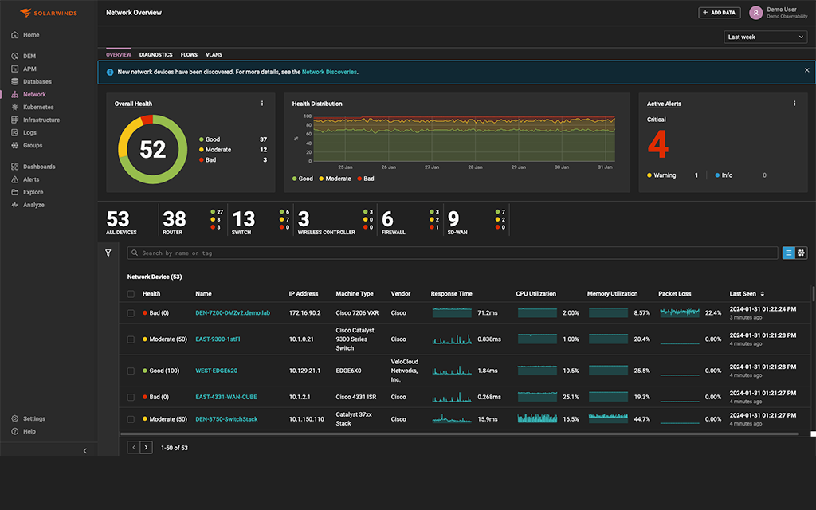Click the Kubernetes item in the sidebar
(x=37, y=107)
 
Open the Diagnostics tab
(x=155, y=55)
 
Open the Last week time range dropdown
(x=766, y=37)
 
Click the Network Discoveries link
(x=329, y=72)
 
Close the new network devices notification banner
(x=806, y=70)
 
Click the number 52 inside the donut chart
(x=152, y=149)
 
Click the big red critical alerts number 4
(x=657, y=145)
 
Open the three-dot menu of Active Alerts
(x=794, y=104)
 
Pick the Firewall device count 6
(x=387, y=219)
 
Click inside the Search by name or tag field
(x=454, y=253)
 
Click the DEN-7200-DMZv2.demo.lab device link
(x=233, y=313)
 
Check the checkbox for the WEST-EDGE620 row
(x=131, y=371)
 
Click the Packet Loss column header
(x=675, y=294)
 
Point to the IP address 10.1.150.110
(x=306, y=419)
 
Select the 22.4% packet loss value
(x=712, y=313)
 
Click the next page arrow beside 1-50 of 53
(x=146, y=448)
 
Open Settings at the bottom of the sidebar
(x=33, y=418)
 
